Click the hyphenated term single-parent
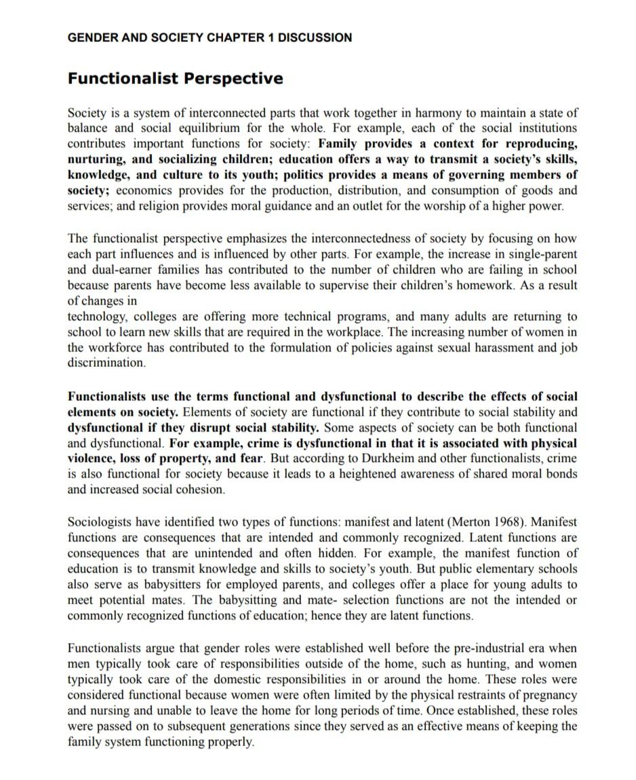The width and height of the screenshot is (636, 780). (x=541, y=253)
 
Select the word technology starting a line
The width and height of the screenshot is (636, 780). (x=98, y=317)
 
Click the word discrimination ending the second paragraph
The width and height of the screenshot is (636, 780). (x=106, y=363)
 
